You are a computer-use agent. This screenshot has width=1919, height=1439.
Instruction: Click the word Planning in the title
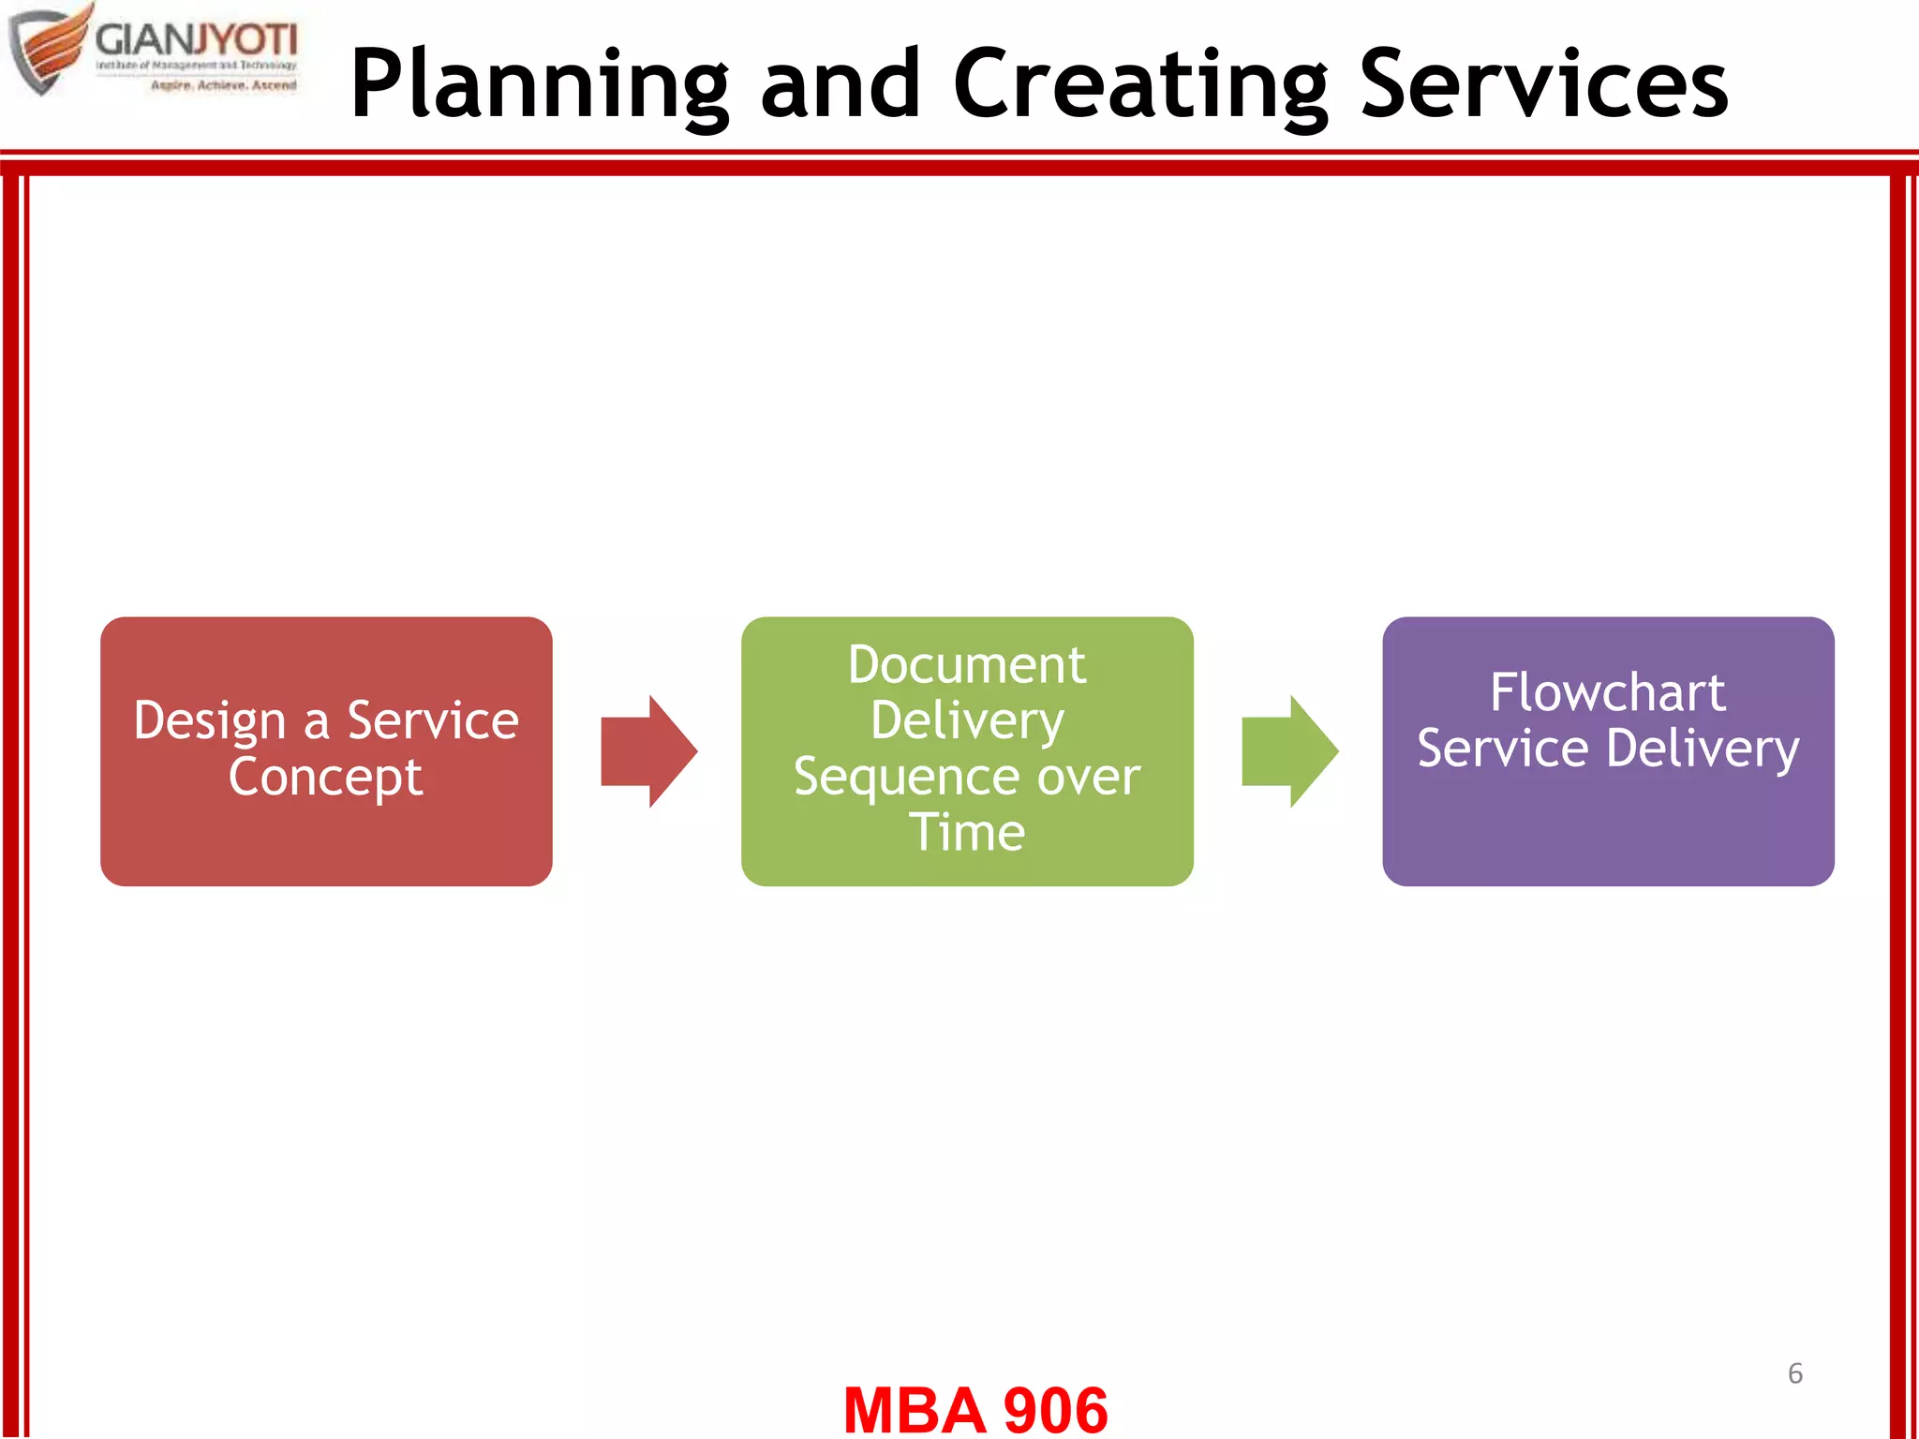point(539,86)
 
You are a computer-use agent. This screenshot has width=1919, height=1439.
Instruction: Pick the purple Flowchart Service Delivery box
point(1608,824)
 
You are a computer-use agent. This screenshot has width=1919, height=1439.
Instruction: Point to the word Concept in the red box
point(325,778)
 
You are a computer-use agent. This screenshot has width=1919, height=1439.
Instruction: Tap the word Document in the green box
point(967,666)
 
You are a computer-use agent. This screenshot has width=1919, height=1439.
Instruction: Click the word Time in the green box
point(967,833)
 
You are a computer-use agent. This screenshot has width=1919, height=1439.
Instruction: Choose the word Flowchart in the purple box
point(1608,693)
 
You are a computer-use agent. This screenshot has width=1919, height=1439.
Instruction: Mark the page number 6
point(1794,1373)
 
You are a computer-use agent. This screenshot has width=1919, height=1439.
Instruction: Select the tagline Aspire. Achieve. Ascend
point(223,85)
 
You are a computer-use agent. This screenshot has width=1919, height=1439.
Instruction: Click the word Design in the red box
point(209,722)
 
